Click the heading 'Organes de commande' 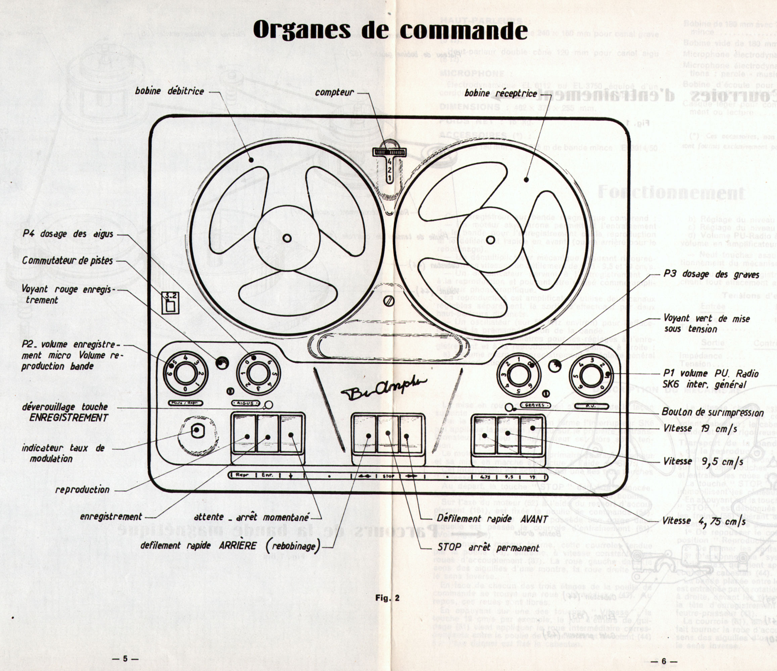pyautogui.click(x=390, y=30)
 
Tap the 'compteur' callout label pyautogui.click(x=334, y=92)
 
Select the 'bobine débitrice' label pyautogui.click(x=169, y=91)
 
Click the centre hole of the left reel pyautogui.click(x=287, y=238)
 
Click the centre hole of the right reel pyautogui.click(x=490, y=240)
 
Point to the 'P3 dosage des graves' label pyautogui.click(x=711, y=274)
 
